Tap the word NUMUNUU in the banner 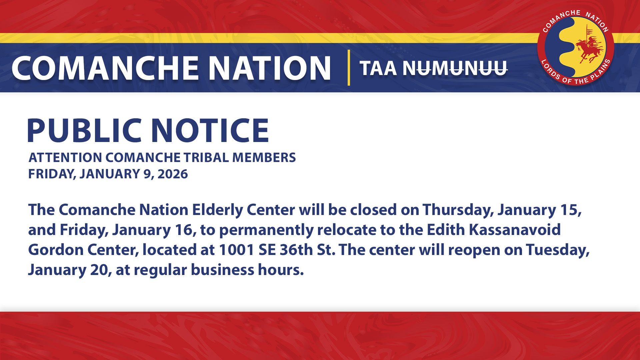coord(455,68)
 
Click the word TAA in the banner coord(378,68)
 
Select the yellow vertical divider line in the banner coord(349,68)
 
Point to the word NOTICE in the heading coord(210,130)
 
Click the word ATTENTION coord(65,158)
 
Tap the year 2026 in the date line coord(173,174)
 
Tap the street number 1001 coord(237,250)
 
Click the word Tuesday coord(557,250)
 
